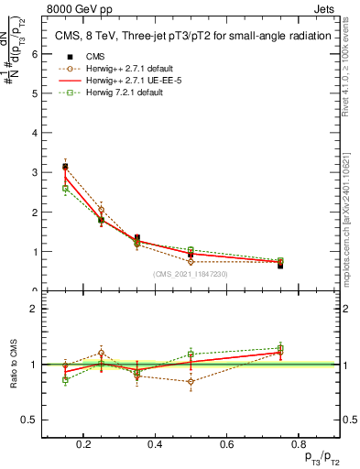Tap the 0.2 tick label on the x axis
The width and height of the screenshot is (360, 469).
(84, 444)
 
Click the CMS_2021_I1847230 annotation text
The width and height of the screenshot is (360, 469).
(190, 273)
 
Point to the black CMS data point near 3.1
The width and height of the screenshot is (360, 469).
(65, 167)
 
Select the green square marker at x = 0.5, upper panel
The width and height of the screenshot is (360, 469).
(191, 250)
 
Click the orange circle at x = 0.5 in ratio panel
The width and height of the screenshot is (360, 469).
(191, 381)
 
